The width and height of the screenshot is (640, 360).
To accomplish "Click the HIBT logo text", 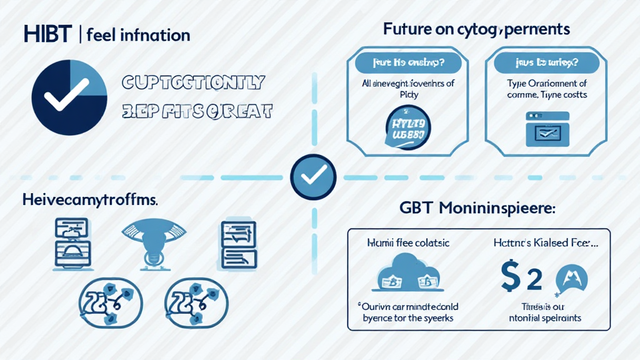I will pos(48,34).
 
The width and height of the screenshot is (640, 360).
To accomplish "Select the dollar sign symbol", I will pos(511,277).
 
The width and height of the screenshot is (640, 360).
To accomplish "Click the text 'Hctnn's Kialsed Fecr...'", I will pos(545,244).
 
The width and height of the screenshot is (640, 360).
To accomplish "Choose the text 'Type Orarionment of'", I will pos(547,84).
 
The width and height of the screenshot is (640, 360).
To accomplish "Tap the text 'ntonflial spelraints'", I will pos(546,318).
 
